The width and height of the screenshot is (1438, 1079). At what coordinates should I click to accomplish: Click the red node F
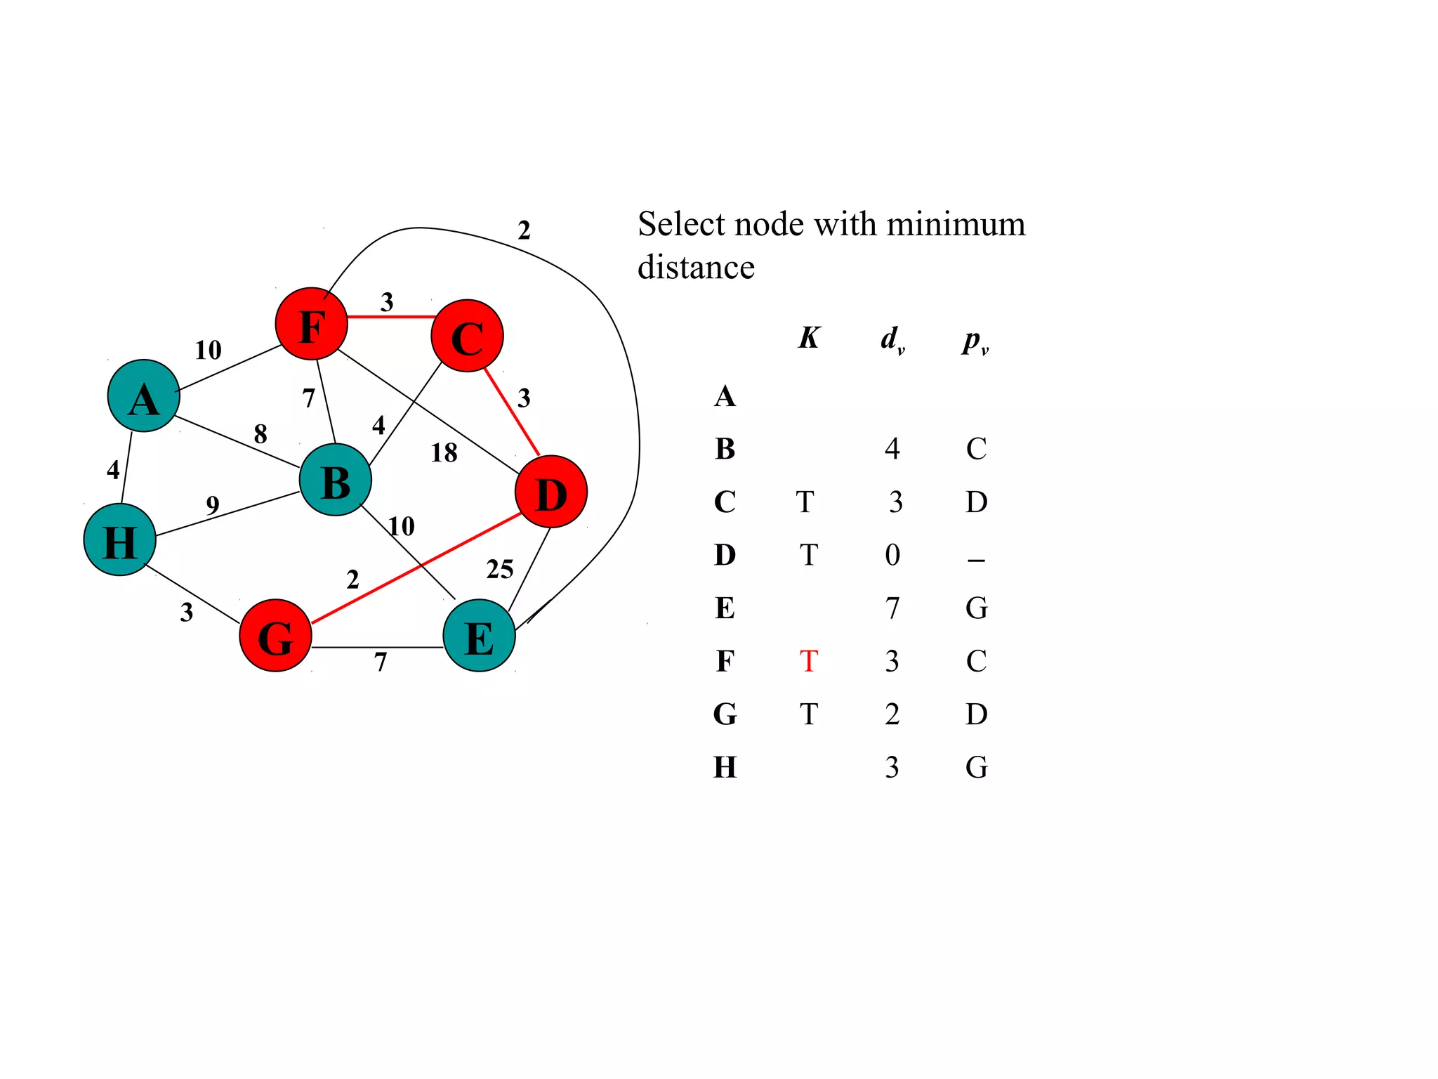(x=311, y=324)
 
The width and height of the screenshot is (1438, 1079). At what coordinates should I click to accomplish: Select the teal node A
(x=144, y=395)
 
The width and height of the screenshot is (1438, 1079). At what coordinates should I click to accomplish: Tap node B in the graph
(x=336, y=480)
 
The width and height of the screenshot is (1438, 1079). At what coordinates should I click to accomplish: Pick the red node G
(x=275, y=635)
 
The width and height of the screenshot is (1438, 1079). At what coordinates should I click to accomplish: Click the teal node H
(x=119, y=539)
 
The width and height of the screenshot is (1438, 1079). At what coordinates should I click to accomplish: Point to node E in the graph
(x=479, y=635)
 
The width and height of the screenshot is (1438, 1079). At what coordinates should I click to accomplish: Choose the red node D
(x=551, y=492)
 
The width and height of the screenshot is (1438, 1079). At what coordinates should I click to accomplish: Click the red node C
(x=467, y=336)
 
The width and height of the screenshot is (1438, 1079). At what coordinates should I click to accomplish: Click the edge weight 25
(x=500, y=569)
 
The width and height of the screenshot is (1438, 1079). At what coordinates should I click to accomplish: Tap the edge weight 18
(x=444, y=453)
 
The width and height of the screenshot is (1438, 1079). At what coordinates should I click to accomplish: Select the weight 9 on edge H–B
(x=213, y=504)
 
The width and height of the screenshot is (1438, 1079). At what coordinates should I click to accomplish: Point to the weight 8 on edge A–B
(x=260, y=434)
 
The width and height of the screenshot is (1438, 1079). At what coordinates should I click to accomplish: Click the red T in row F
(x=809, y=661)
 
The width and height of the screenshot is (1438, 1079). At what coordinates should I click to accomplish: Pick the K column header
(x=809, y=338)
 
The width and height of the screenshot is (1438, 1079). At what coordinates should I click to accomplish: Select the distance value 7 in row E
(x=892, y=608)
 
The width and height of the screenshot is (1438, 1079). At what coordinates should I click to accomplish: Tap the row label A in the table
(x=725, y=396)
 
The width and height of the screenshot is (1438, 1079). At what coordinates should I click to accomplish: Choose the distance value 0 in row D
(x=892, y=555)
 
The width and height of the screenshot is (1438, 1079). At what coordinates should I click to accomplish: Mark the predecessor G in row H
(x=976, y=767)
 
